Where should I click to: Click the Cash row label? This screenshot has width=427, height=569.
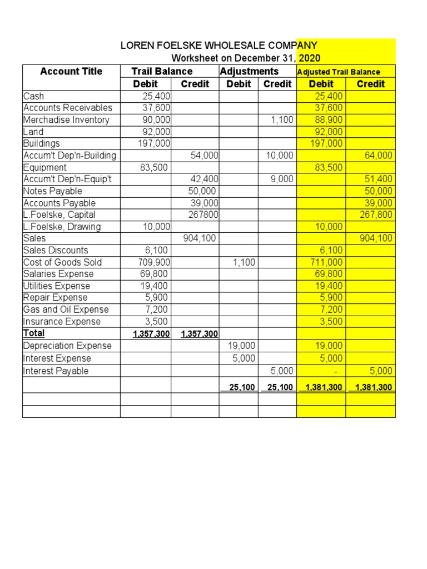point(34,96)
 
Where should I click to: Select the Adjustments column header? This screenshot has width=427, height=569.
point(249,71)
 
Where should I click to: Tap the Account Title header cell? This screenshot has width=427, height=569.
point(71,71)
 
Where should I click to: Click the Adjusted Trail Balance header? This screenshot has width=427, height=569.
point(339,72)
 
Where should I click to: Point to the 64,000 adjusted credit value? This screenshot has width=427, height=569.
point(379,156)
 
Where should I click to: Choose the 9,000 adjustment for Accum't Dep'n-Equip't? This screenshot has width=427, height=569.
point(282,179)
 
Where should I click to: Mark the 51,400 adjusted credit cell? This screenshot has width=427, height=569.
point(379,179)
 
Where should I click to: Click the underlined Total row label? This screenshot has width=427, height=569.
point(34,333)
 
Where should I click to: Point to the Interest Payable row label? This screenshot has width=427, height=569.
point(56,371)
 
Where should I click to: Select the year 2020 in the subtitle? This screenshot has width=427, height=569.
point(309,58)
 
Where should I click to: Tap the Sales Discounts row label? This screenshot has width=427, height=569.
point(56,250)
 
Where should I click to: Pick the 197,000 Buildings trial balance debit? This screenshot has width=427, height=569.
point(154,143)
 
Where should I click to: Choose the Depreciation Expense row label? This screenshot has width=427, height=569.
point(67,346)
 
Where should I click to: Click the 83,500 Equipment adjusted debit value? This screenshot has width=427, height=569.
point(329,167)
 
